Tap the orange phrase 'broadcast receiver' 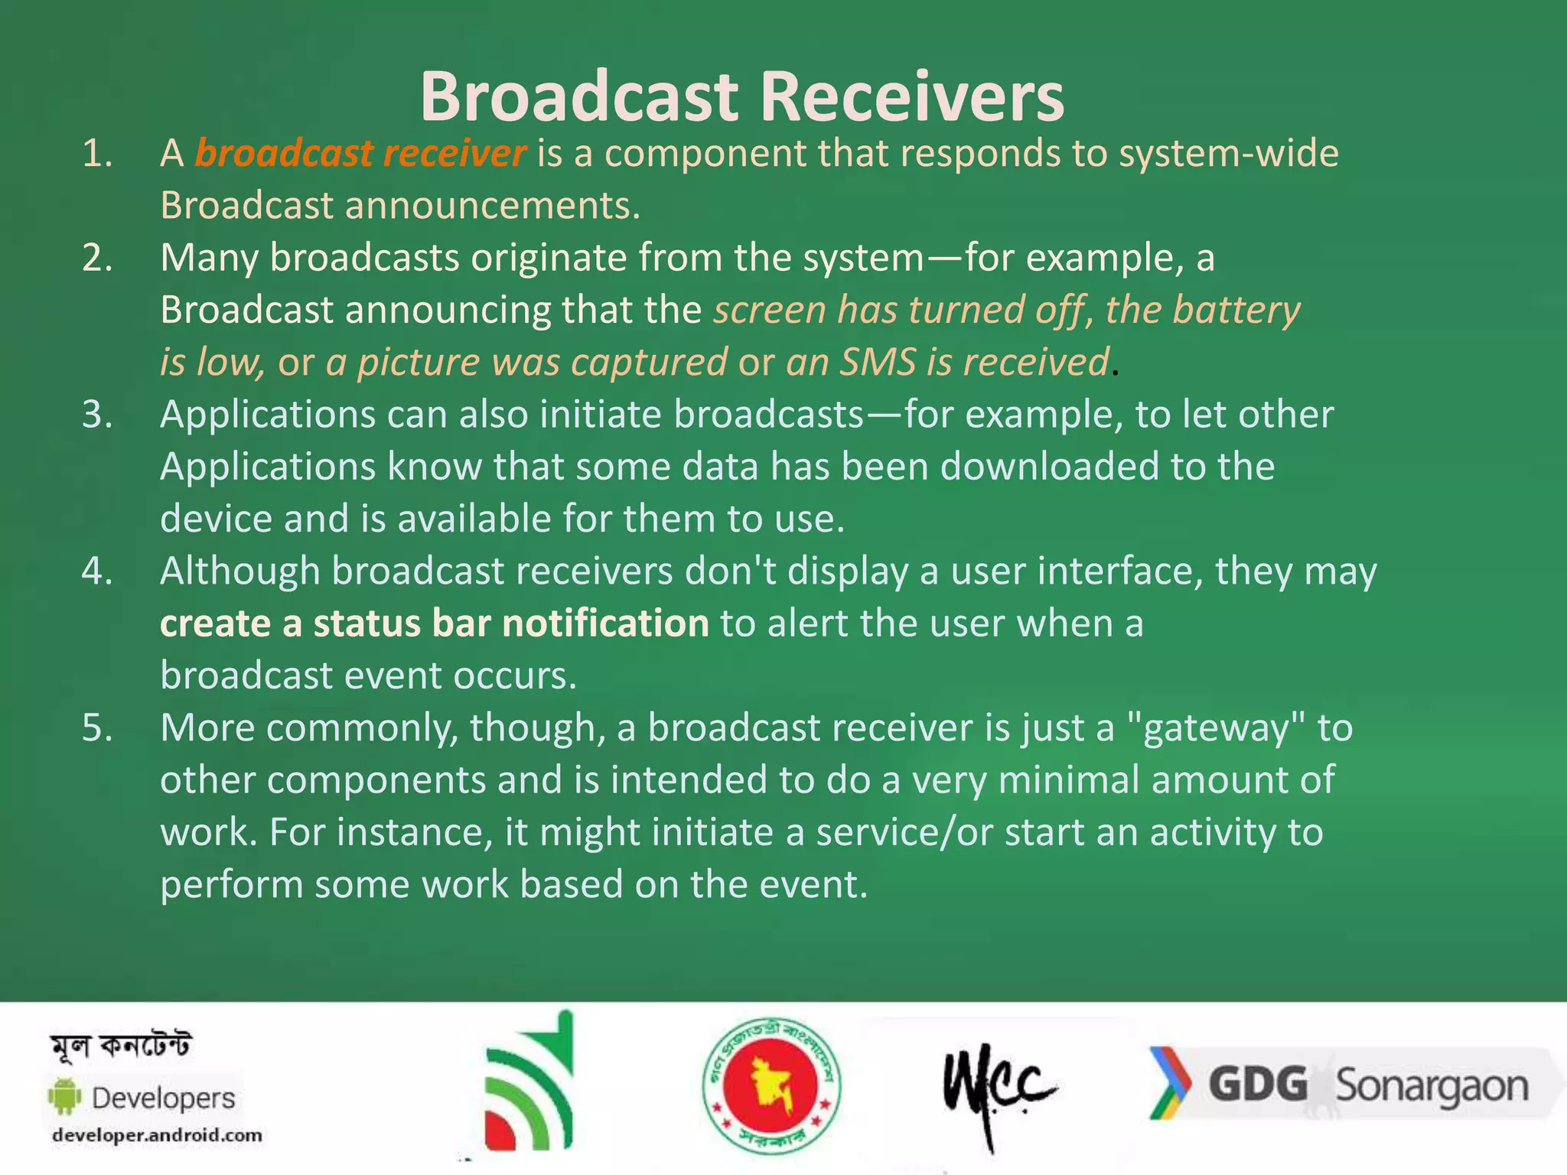coord(360,153)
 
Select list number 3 coord(97,415)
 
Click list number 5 coord(97,727)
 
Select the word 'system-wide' coord(1229,154)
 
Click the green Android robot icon coord(65,1096)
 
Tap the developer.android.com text coord(157,1135)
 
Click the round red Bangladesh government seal coord(771,1085)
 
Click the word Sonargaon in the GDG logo coord(1432,1086)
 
